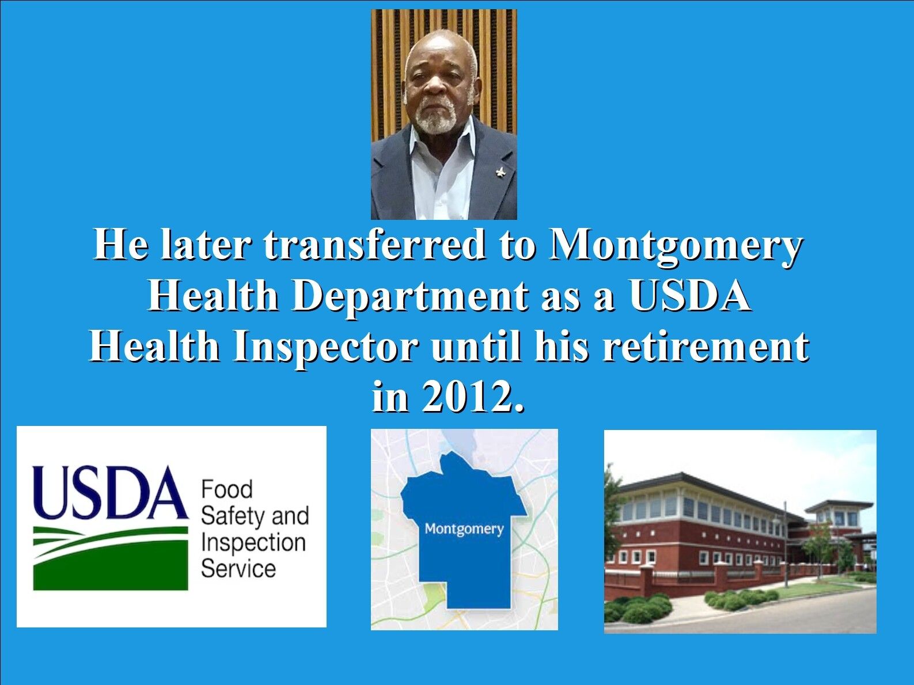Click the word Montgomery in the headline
tap(674, 246)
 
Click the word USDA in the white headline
tap(691, 296)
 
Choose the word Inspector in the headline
tap(325, 348)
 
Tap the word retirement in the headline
tap(705, 347)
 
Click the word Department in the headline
tap(409, 297)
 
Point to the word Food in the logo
tap(227, 489)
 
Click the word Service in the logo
tap(238, 568)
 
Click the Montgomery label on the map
tap(464, 530)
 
